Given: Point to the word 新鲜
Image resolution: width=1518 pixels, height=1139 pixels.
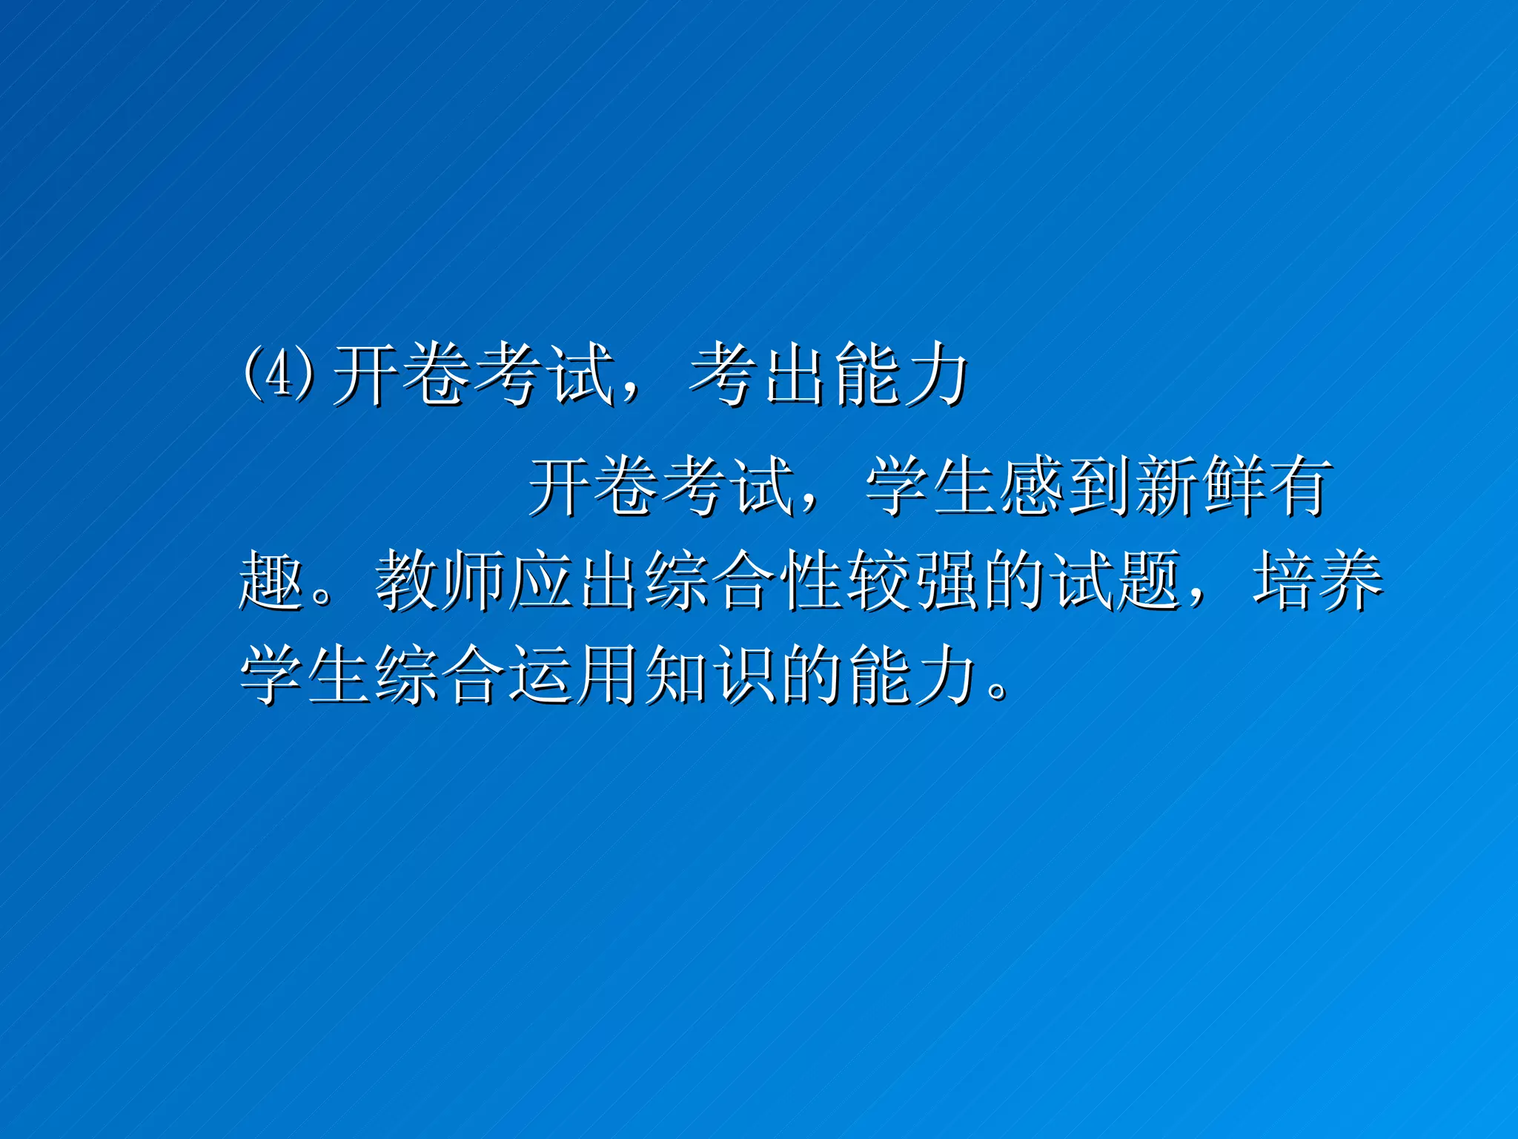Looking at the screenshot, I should tap(1200, 486).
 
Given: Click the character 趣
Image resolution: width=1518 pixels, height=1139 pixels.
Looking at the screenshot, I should tap(271, 582).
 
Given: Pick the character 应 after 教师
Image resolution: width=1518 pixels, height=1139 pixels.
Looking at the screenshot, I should tap(541, 582).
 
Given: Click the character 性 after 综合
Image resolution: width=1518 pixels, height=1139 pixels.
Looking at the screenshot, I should tap(812, 582).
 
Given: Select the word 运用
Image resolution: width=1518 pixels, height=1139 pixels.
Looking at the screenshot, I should tap(574, 675).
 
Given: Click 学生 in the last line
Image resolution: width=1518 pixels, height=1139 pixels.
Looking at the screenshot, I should tap(305, 675).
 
